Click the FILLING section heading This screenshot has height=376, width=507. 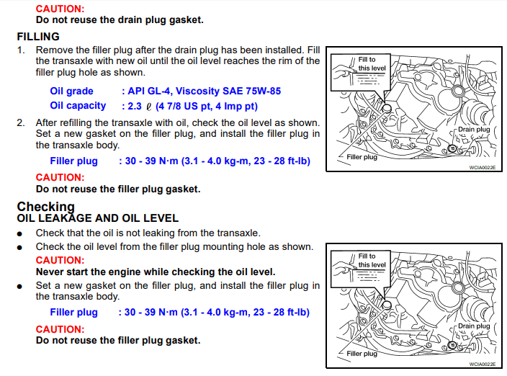[38, 37]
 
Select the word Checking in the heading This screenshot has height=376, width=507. [45, 207]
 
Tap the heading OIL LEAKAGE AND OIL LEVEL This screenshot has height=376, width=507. [98, 218]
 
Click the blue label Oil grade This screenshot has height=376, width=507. [71, 91]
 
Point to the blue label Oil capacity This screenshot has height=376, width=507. [78, 106]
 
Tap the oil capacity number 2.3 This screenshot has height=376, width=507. [135, 106]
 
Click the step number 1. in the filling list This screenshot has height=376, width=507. [21, 50]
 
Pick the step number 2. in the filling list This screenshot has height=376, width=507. [21, 123]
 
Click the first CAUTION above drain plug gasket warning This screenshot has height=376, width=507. [60, 9]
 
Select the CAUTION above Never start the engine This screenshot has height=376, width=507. [60, 260]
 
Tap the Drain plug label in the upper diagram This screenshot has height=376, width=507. [474, 130]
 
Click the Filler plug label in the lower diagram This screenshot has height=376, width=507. [362, 354]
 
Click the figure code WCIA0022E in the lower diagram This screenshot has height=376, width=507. [482, 364]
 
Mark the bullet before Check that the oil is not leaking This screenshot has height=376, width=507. [19, 234]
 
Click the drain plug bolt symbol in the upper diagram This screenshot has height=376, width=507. [452, 148]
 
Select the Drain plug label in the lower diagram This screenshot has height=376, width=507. [474, 326]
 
